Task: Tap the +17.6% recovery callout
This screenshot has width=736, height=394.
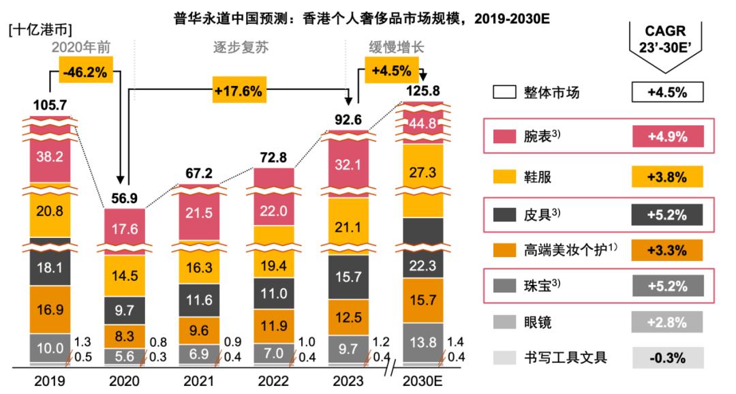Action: coord(238,91)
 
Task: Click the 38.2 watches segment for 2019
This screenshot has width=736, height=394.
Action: coord(50,157)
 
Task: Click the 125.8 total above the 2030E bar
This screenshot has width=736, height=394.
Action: coord(423,90)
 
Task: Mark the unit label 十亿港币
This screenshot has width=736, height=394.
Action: coord(41,29)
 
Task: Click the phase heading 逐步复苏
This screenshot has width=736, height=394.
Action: coord(237,48)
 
